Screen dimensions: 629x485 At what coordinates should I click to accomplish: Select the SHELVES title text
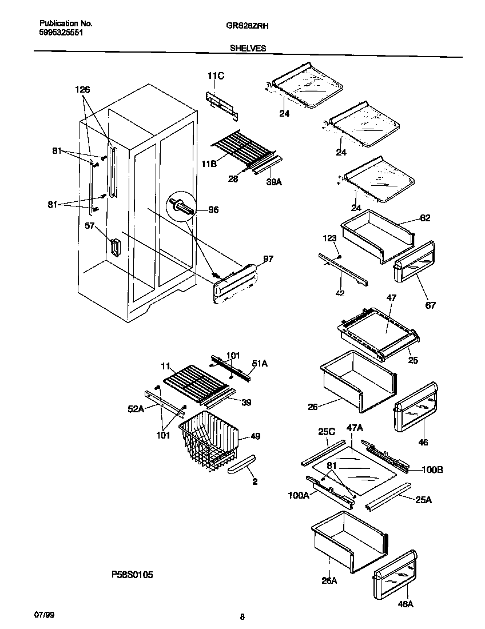tap(248, 49)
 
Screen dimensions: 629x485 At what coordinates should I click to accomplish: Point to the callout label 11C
tap(216, 76)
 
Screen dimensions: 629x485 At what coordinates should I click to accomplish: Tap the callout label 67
tap(430, 305)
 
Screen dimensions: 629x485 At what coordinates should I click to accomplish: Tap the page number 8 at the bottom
tap(242, 616)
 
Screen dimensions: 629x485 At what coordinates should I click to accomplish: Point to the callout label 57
tap(89, 226)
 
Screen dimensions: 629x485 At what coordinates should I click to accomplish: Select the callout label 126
tap(82, 90)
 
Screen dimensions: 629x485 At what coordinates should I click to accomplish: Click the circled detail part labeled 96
tap(180, 207)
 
